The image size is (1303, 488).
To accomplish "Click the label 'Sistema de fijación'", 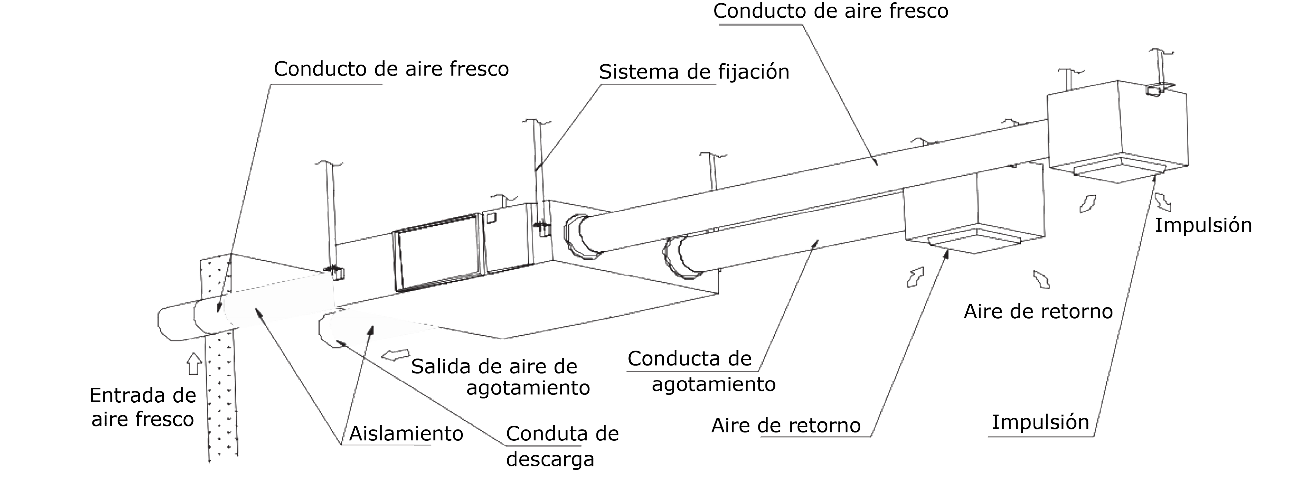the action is (x=694, y=72).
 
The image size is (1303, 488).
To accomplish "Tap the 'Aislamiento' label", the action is (x=406, y=434).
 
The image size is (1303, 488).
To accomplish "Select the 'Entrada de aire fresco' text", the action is (x=143, y=407).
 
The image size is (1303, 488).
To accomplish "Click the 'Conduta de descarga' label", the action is (x=562, y=446).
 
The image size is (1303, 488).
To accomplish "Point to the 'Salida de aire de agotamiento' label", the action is (x=500, y=377).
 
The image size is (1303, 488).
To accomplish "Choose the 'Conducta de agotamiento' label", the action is (x=701, y=371).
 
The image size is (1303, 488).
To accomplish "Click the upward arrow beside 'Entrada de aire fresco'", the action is (x=193, y=364).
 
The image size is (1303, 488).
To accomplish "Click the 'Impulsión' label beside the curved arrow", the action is (x=1203, y=226).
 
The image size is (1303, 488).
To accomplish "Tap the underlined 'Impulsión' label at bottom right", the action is (x=1040, y=422).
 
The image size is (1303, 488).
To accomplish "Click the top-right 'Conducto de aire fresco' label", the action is (x=831, y=11).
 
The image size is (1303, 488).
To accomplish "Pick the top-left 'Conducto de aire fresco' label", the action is (x=391, y=69).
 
